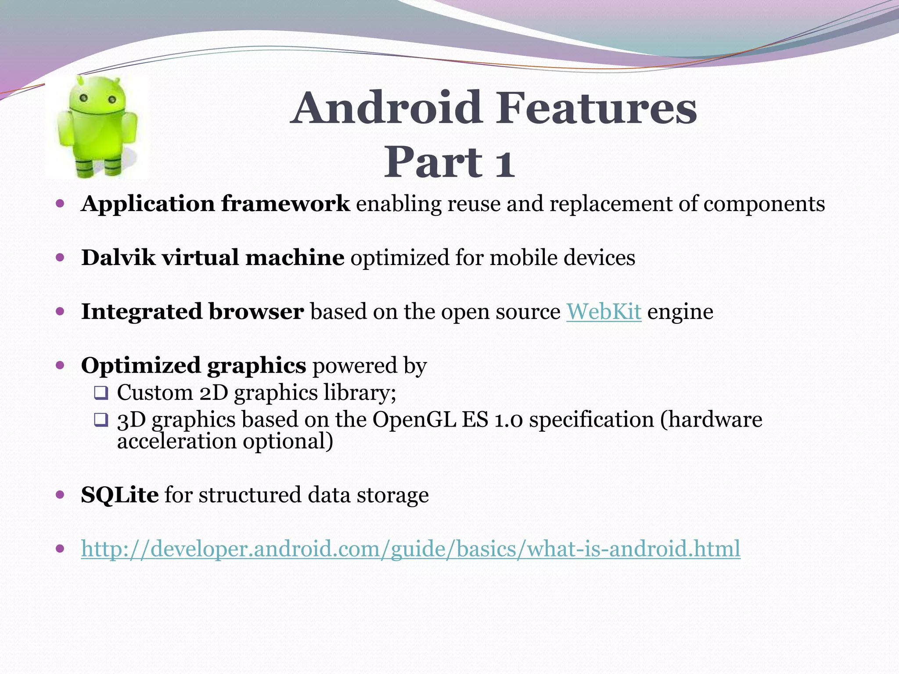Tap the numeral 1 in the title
coord(504,163)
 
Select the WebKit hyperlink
coord(604,312)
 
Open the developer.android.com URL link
coord(410,549)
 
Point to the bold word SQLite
coord(119,495)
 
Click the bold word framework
coord(285,204)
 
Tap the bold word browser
coord(256,312)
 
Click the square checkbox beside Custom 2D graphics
coord(101,393)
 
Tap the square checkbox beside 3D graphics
coord(101,420)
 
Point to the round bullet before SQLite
coord(61,495)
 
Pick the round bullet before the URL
coord(61,549)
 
